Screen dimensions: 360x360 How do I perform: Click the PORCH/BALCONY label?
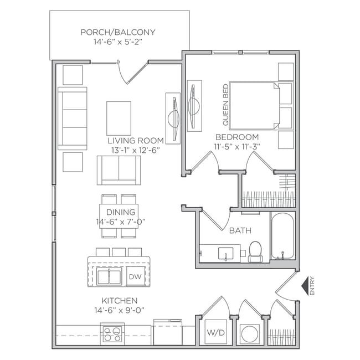coord(117,32)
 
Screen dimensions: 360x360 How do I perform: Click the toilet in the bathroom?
coord(256,251)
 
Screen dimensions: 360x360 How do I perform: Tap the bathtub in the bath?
coord(283,236)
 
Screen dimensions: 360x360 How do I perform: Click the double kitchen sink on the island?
coord(109,276)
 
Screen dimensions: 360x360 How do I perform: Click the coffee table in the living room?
coord(119,117)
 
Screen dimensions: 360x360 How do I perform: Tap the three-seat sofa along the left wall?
coord(73,118)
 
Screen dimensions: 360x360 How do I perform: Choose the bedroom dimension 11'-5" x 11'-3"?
coord(237,146)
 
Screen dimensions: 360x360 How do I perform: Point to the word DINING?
coord(119,212)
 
